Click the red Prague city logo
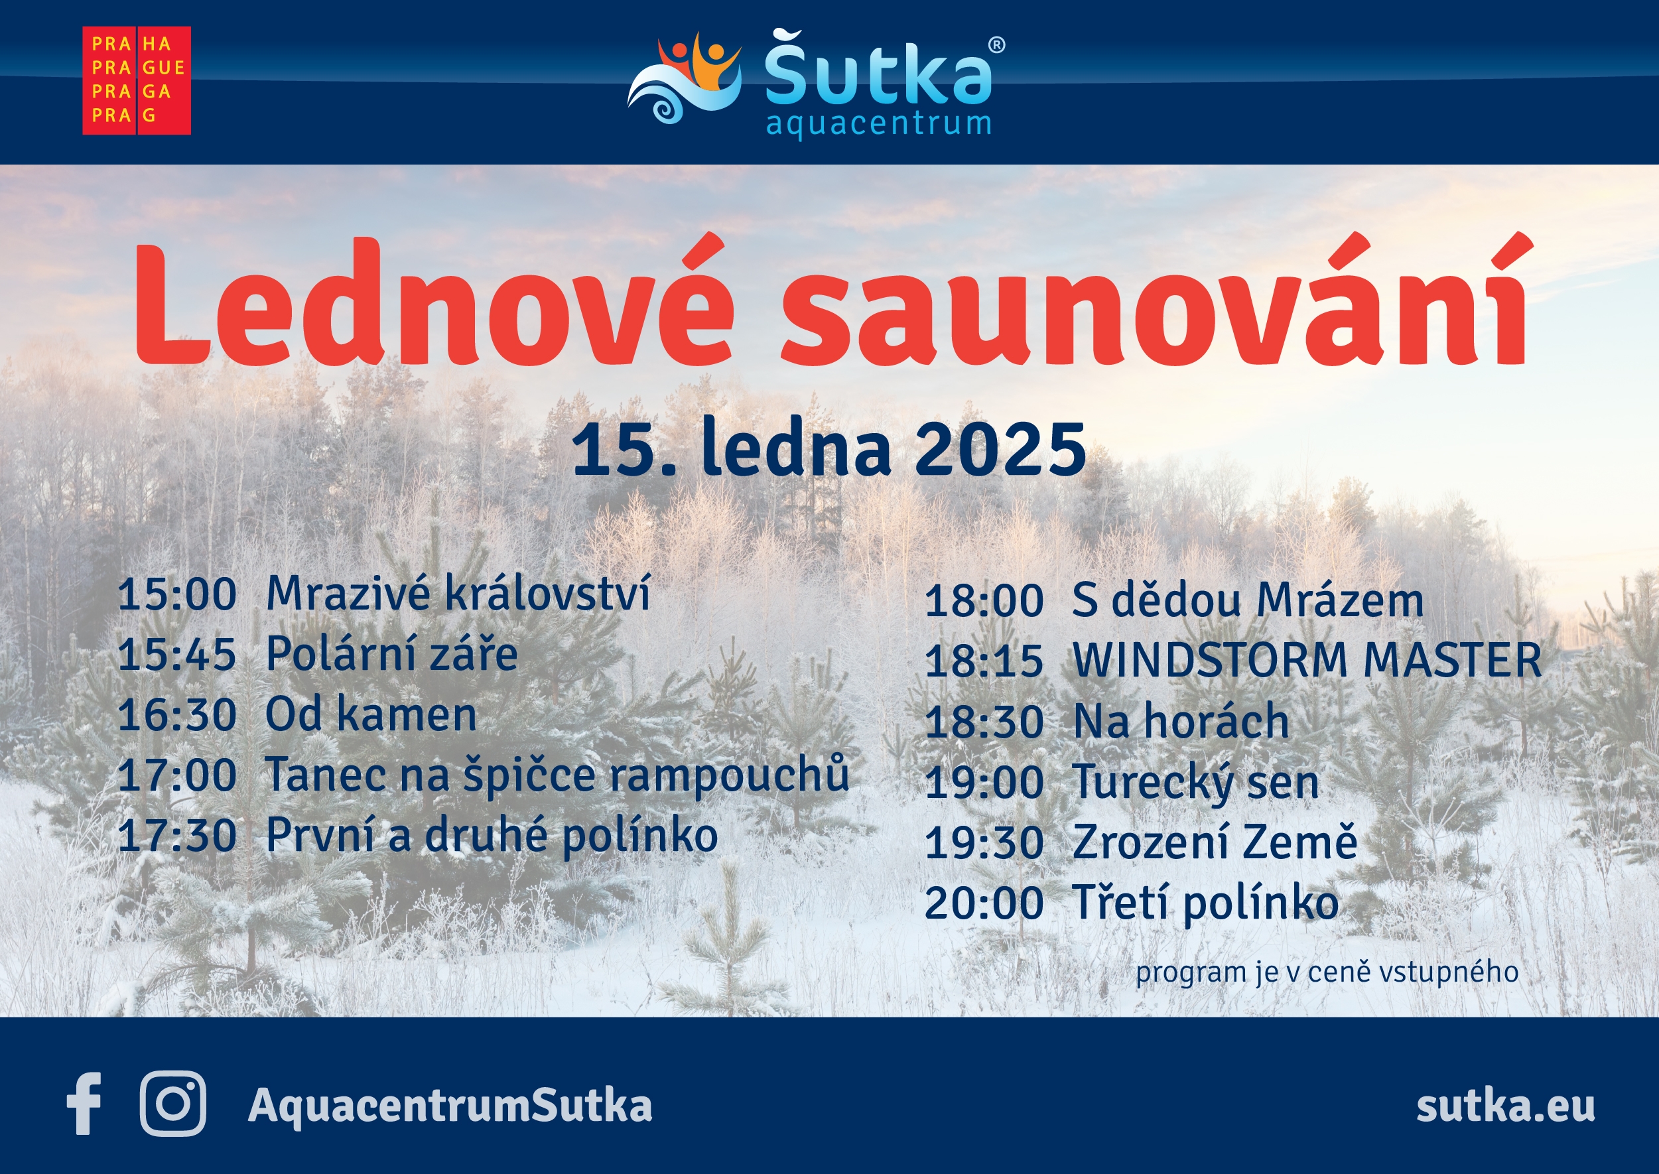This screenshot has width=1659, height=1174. (137, 80)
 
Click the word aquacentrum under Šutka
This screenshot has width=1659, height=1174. (878, 124)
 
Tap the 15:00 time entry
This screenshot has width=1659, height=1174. (177, 594)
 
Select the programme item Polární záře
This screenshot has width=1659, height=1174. (392, 654)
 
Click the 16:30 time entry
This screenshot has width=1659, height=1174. (177, 715)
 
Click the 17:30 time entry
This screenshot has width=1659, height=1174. (177, 836)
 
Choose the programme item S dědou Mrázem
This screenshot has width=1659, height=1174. (1248, 600)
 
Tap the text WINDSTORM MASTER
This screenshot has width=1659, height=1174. (1307, 660)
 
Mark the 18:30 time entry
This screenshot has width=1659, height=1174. (984, 722)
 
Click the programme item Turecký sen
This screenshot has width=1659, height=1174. (1195, 783)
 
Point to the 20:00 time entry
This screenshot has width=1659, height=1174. (984, 903)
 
